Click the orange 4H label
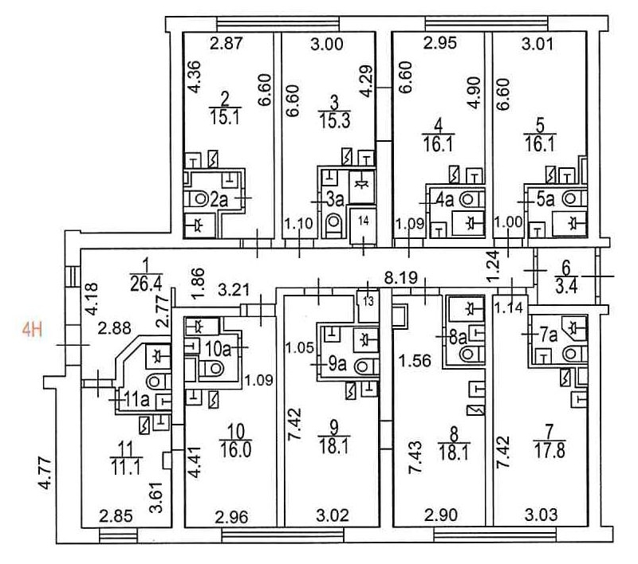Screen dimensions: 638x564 (x=32, y=330)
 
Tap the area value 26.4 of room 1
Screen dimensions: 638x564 (x=146, y=284)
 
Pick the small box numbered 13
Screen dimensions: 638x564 (x=368, y=301)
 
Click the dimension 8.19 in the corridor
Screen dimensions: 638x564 (x=402, y=278)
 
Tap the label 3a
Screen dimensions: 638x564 (x=336, y=199)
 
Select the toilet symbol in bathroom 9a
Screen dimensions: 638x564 (x=365, y=367)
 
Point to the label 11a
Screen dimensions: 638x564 (x=137, y=400)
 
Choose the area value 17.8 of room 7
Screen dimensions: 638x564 (x=549, y=452)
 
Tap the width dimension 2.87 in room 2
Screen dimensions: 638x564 (x=226, y=44)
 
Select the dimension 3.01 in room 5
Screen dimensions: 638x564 (x=537, y=44)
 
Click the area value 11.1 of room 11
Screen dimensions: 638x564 (x=125, y=468)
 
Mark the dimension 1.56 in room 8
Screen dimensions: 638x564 (x=415, y=360)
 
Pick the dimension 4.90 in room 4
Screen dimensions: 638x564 (x=475, y=93)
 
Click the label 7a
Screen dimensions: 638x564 (x=548, y=336)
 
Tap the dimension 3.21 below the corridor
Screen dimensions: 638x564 (x=234, y=291)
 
